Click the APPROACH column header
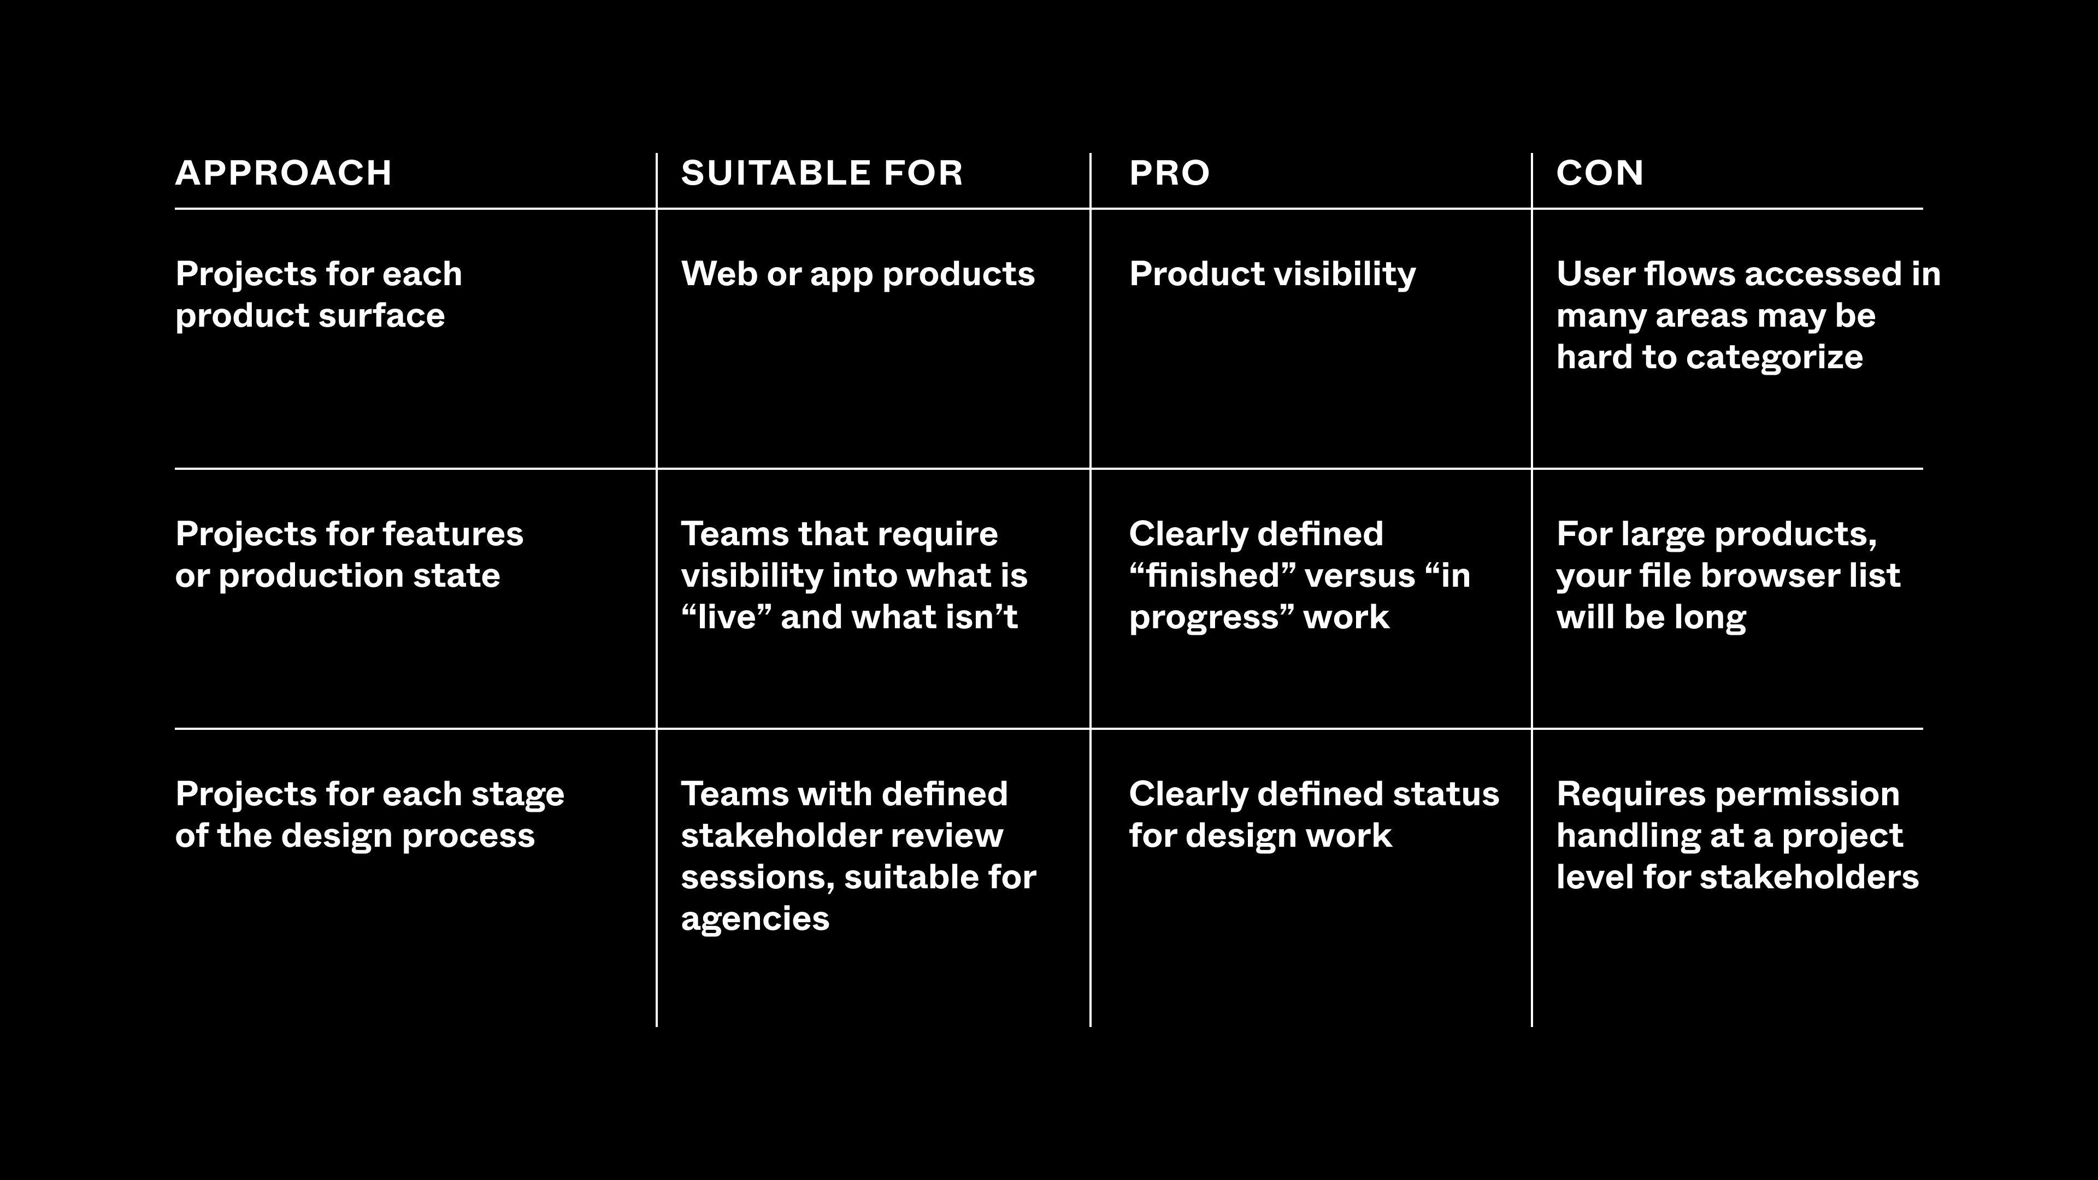click(x=284, y=173)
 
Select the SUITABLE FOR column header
click(x=822, y=173)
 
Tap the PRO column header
click(x=1170, y=173)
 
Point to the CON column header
click(x=1600, y=173)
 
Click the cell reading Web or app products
click(x=858, y=274)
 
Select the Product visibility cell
click(x=1272, y=274)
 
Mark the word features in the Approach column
click(x=453, y=534)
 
